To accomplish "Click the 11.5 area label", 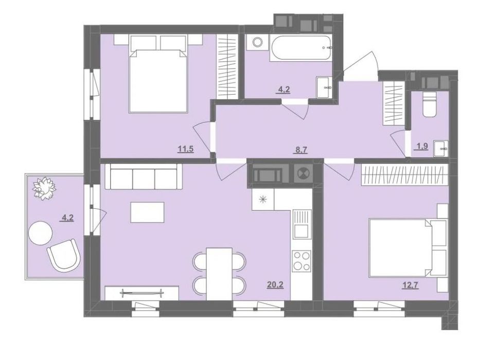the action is pyautogui.click(x=186, y=150).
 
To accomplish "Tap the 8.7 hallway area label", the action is pyautogui.click(x=301, y=150).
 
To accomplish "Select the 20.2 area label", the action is pyautogui.click(x=275, y=285).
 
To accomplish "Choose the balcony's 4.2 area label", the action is pyautogui.click(x=67, y=218).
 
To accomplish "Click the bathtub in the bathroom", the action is pyautogui.click(x=300, y=48).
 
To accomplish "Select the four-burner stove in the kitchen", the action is pyautogui.click(x=302, y=261).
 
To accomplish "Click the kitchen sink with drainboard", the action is pyautogui.click(x=302, y=224).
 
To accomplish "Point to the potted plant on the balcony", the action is pyautogui.click(x=45, y=189).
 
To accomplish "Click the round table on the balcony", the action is pyautogui.click(x=41, y=232).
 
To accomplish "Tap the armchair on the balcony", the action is pyautogui.click(x=64, y=254).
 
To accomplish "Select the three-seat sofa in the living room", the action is pyautogui.click(x=144, y=176).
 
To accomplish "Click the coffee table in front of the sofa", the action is pyautogui.click(x=148, y=212).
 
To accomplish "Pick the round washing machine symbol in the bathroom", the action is pyautogui.click(x=258, y=42).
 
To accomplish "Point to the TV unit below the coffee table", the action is pyautogui.click(x=142, y=293).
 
